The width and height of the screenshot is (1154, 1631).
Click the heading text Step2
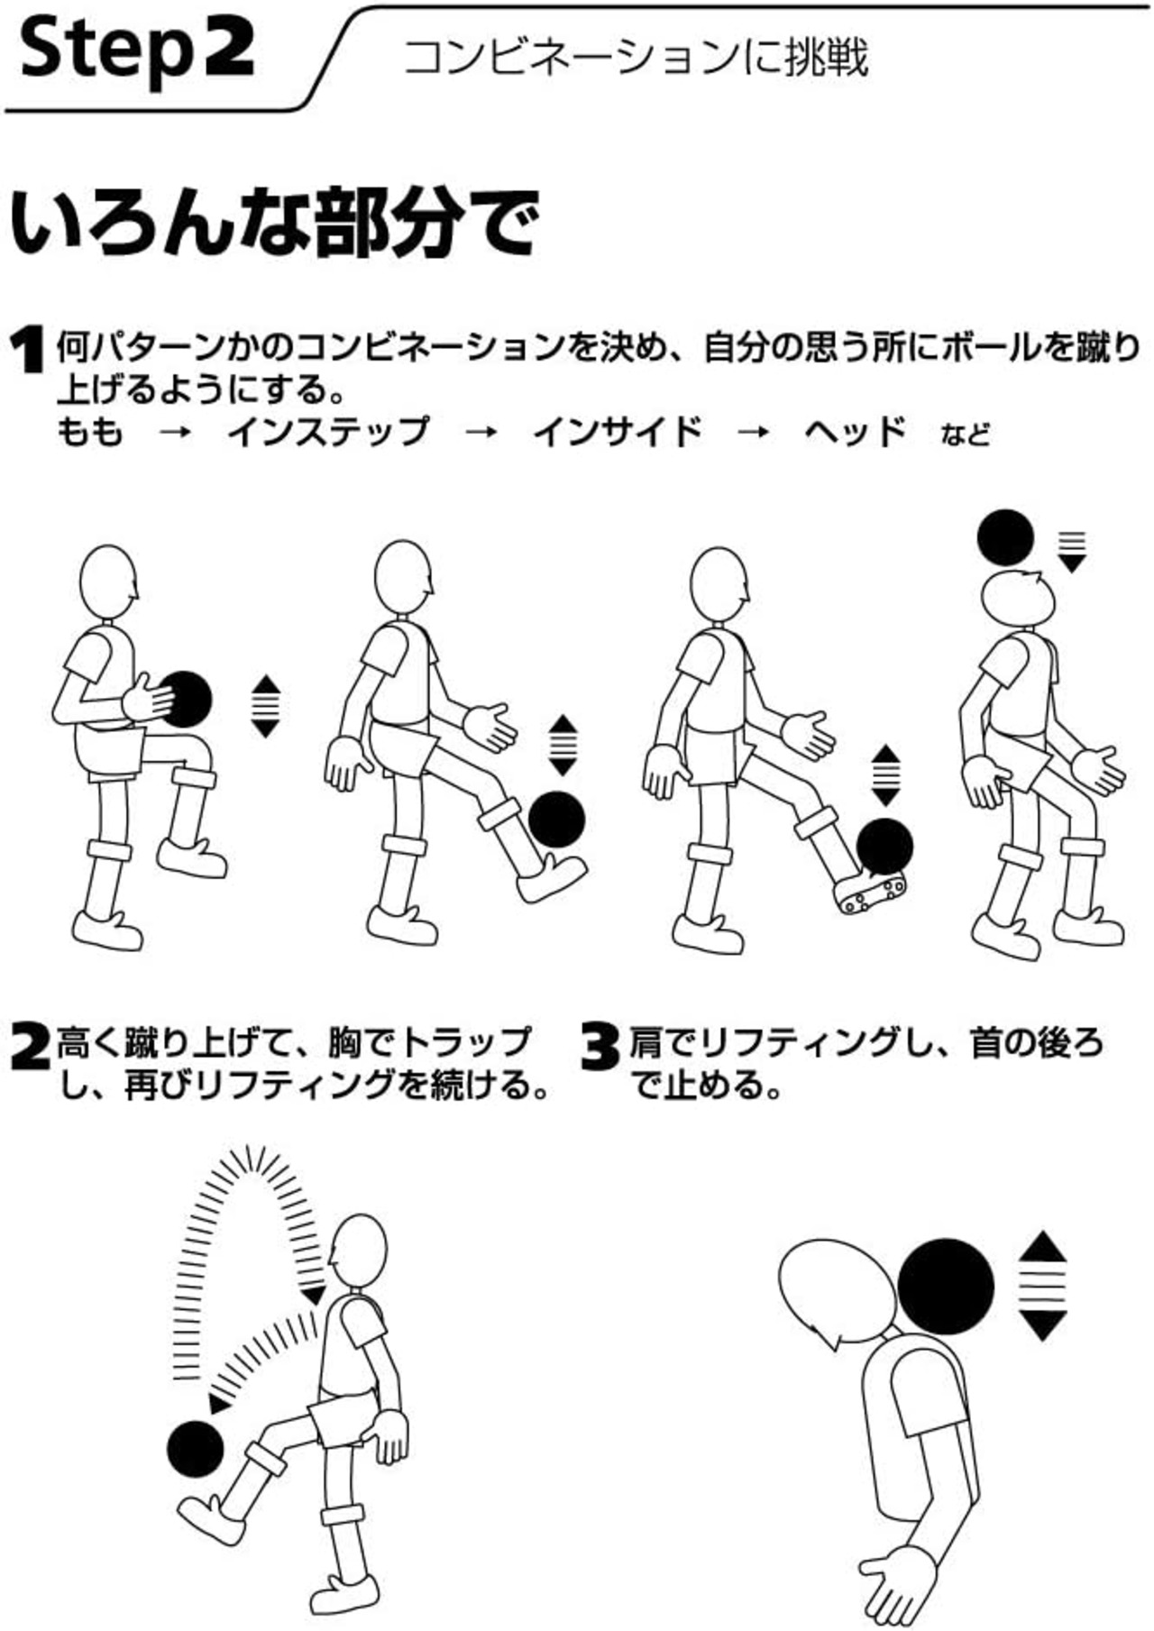(135, 51)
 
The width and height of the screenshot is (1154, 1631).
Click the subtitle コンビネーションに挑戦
(636, 58)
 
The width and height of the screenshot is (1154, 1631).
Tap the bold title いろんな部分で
(274, 223)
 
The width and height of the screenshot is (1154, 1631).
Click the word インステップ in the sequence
(328, 432)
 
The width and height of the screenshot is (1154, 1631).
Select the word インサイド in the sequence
(618, 432)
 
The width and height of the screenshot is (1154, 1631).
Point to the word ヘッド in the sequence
(855, 432)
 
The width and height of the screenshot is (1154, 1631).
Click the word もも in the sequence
(89, 432)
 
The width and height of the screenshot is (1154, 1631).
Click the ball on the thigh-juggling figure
(186, 700)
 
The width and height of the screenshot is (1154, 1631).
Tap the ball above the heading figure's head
(1005, 538)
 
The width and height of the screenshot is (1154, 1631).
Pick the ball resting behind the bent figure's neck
(946, 1284)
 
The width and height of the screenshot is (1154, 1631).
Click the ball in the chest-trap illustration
(196, 1449)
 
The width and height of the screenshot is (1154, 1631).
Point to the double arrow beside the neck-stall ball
(1043, 1285)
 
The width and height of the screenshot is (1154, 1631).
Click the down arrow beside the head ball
(1072, 552)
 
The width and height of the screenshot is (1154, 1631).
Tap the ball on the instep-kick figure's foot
(556, 819)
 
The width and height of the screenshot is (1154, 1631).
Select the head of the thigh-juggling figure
(109, 582)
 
